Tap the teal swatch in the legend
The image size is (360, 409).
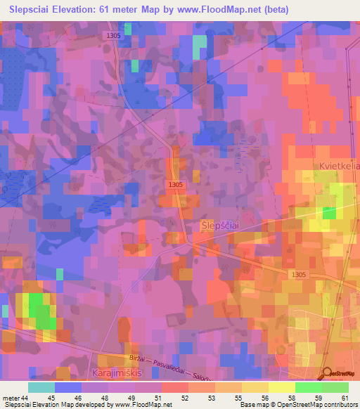(41, 388)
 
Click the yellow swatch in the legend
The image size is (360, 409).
(282, 388)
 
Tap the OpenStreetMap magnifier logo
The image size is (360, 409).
(328, 374)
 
